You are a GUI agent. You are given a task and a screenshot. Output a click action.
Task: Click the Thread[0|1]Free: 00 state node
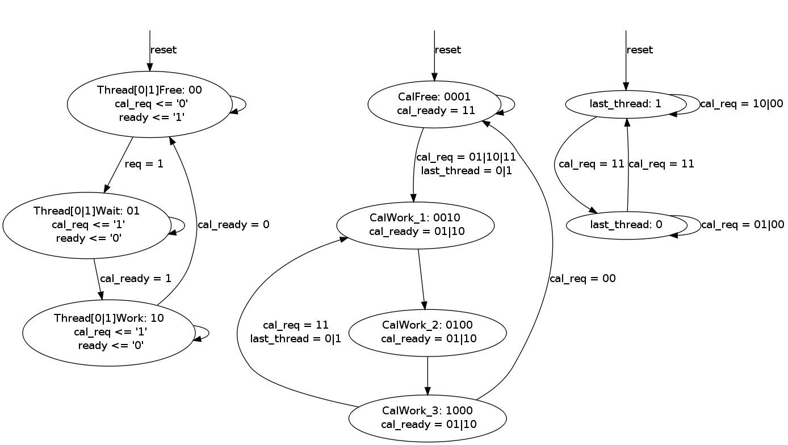(x=149, y=104)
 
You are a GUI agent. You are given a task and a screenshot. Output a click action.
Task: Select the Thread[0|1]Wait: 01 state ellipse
(x=87, y=225)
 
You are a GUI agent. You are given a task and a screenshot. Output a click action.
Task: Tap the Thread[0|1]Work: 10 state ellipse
(x=108, y=333)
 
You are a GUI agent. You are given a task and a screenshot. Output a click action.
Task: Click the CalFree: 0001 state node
(x=434, y=104)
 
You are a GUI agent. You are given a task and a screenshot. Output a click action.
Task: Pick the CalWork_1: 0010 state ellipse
(x=415, y=225)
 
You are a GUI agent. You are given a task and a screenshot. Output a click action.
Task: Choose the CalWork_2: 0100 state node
(x=427, y=333)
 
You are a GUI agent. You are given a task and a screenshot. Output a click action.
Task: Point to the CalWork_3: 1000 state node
(x=427, y=418)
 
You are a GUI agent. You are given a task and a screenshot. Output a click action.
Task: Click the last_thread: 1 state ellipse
(x=626, y=104)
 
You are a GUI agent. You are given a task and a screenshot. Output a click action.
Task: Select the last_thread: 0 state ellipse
(x=626, y=225)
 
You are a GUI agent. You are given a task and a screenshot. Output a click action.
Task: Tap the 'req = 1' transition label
(x=144, y=164)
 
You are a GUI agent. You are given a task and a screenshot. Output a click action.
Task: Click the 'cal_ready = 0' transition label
(x=233, y=225)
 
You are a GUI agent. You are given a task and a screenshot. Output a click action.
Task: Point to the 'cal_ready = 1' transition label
(x=135, y=279)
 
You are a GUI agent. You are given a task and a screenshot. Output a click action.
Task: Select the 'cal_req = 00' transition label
(x=582, y=279)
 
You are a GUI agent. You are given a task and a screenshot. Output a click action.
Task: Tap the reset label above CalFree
(x=448, y=50)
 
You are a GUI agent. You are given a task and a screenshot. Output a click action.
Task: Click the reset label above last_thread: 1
(x=640, y=50)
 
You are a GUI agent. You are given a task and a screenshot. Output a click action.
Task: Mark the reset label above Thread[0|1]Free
(x=164, y=50)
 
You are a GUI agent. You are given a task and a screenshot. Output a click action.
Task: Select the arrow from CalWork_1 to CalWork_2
(x=421, y=279)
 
